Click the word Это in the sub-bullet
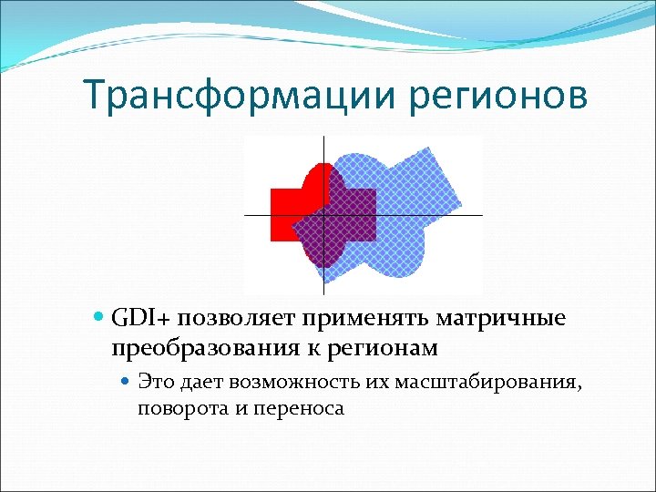[155, 381]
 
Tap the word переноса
[294, 407]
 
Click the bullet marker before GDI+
[99, 320]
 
